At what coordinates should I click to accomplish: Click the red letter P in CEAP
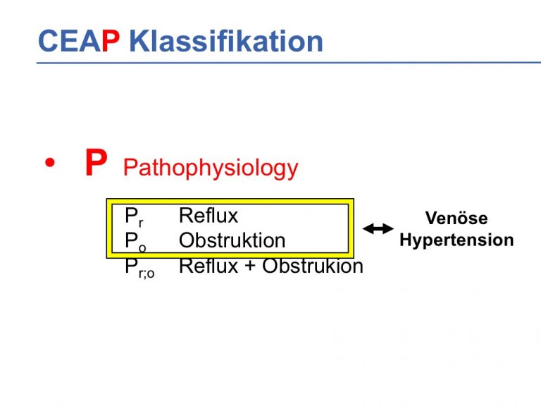pos(111,41)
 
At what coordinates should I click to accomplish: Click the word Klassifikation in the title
pos(226,41)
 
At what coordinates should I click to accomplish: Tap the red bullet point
pos(50,162)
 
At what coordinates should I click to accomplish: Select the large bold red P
pos(96,162)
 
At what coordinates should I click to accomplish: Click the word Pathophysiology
pos(211,168)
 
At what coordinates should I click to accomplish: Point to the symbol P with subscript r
pos(134,217)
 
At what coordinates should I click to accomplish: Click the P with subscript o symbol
pos(135,241)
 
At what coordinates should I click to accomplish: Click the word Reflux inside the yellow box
pos(209,216)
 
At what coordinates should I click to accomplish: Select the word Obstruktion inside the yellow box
pos(232,240)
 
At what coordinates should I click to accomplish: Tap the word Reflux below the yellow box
pos(209,266)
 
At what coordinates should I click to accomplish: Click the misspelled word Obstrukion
pos(313,266)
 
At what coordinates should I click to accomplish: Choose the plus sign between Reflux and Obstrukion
pos(250,266)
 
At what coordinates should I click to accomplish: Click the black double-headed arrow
pos(378,228)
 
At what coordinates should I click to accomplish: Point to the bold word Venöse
pos(456,219)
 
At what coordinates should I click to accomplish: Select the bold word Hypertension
pos(456,240)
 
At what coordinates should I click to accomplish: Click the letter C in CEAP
pos(48,41)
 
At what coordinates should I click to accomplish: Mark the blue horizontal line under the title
pos(289,63)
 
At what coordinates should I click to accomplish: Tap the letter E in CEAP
pos(68,41)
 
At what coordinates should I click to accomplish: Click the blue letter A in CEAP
pos(89,41)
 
